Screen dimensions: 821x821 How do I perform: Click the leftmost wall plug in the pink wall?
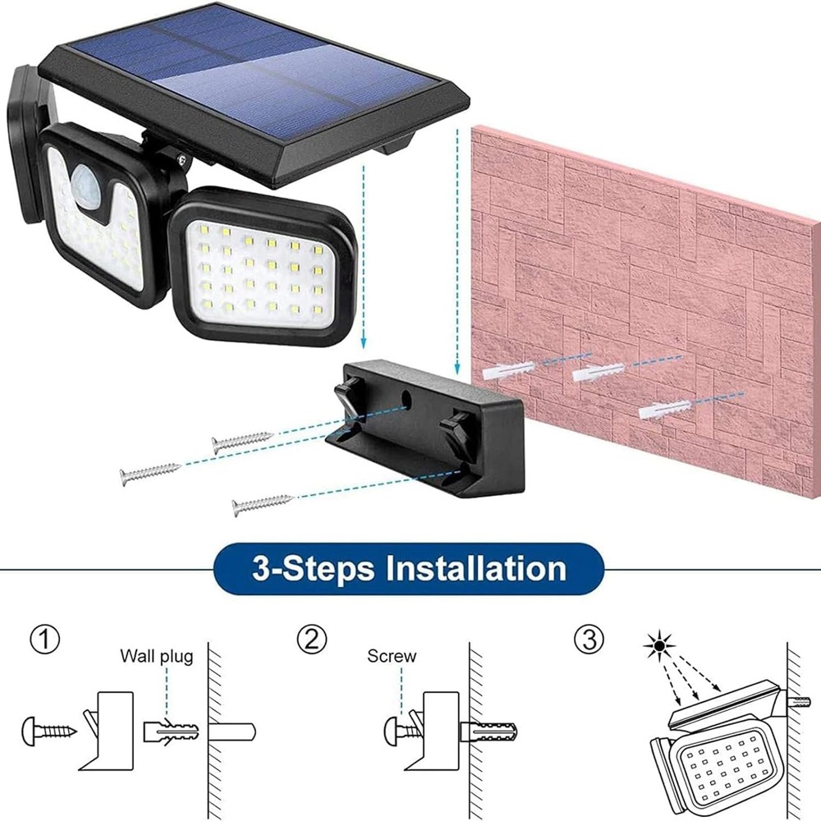[509, 369]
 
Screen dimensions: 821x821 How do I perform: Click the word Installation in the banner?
[477, 569]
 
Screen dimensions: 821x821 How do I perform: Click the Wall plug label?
[157, 656]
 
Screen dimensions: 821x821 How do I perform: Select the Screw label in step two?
[392, 656]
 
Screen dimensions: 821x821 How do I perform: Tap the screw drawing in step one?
[50, 728]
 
